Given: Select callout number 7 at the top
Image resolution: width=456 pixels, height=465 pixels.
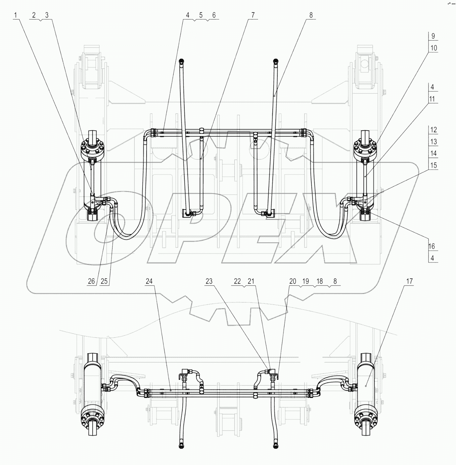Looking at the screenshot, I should (253, 15).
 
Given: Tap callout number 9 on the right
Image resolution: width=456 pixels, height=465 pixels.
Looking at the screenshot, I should (433, 36).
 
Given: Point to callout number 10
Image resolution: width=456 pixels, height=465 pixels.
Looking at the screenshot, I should (433, 48).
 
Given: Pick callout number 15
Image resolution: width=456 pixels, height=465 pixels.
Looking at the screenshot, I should (433, 165).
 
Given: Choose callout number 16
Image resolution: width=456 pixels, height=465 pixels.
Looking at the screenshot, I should (432, 246).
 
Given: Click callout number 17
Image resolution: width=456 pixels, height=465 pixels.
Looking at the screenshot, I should (410, 281).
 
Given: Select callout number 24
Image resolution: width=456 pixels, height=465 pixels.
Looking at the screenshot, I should (149, 281).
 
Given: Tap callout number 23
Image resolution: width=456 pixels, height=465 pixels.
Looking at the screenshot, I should (209, 281).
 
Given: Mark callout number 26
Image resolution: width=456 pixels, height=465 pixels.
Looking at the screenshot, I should (92, 281).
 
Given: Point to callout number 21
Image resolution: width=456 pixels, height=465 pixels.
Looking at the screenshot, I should (251, 281).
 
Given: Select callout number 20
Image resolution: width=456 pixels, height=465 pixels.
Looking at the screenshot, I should (293, 281).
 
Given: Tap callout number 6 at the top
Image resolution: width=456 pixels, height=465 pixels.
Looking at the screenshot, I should (214, 15).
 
